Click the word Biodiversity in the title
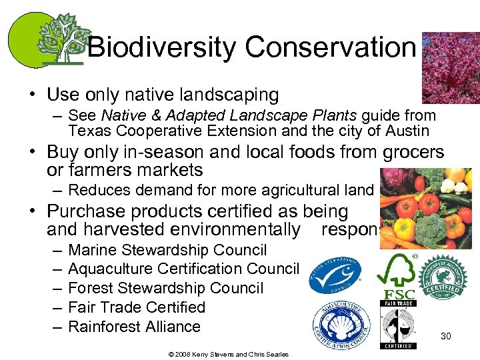coord(162,47)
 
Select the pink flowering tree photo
coord(451,66)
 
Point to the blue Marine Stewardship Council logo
coord(335,275)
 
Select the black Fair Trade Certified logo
coord(398,325)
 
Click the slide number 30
coord(446,336)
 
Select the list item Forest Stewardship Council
coord(166,288)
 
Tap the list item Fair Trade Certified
coord(137,307)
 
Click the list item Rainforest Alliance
coord(134,327)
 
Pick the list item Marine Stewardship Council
coord(167,250)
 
